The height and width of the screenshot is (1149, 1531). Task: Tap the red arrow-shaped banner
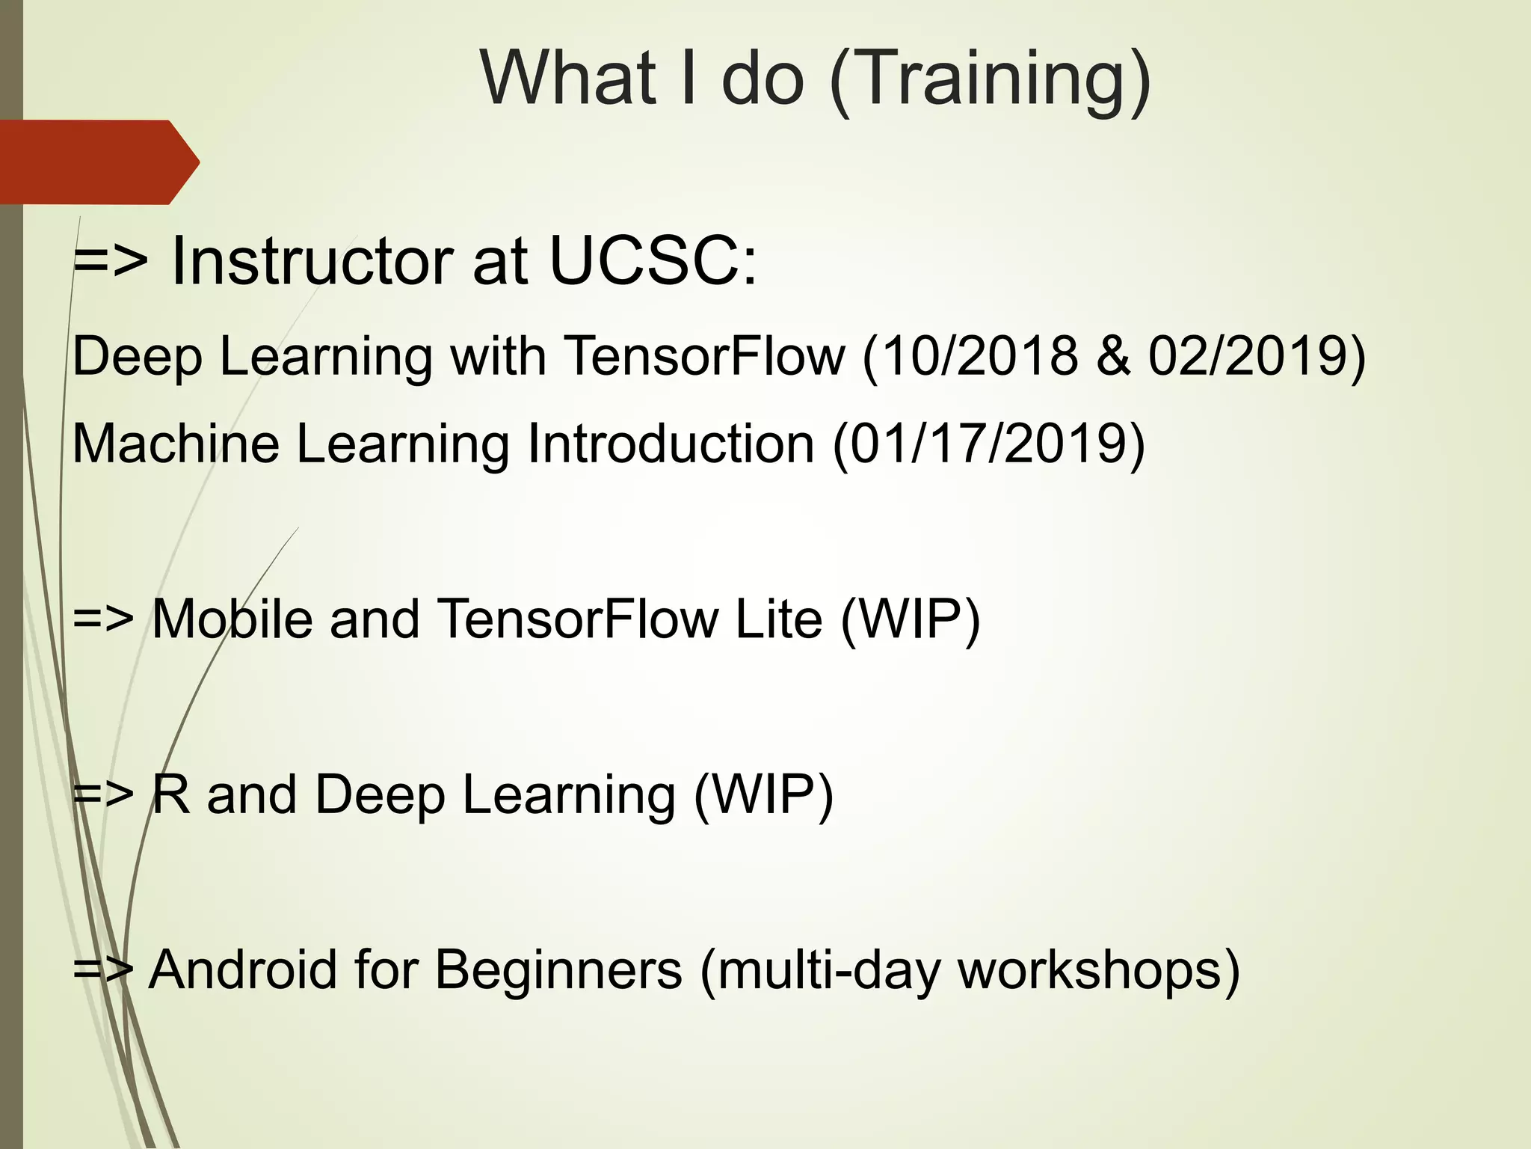pos(97,162)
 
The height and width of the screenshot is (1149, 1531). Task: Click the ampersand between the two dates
pos(1113,355)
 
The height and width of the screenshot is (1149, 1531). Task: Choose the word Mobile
pos(232,619)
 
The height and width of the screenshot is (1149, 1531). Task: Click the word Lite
pos(778,619)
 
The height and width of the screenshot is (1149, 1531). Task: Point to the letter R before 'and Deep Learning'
pos(170,794)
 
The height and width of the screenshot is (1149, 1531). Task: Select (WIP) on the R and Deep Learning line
pos(763,796)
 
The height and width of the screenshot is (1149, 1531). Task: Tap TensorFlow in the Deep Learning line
pos(705,355)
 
